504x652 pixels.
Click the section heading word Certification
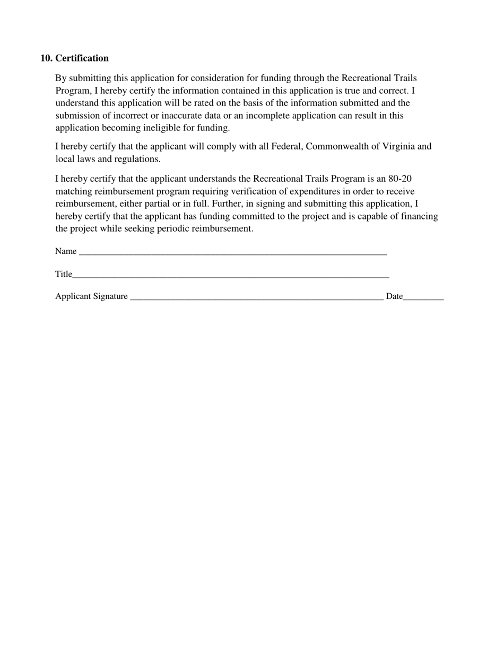click(x=82, y=58)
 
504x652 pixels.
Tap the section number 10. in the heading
click(x=46, y=58)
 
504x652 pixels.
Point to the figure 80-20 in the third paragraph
click(x=400, y=179)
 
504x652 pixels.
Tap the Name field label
click(x=66, y=251)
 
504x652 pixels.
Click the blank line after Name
click(x=233, y=253)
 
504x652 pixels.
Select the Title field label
click(x=63, y=274)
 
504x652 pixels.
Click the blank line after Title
click(x=231, y=276)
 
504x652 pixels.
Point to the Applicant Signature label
click(x=91, y=296)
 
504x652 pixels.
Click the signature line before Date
click(x=256, y=298)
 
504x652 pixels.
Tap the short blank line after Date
click(x=423, y=298)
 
